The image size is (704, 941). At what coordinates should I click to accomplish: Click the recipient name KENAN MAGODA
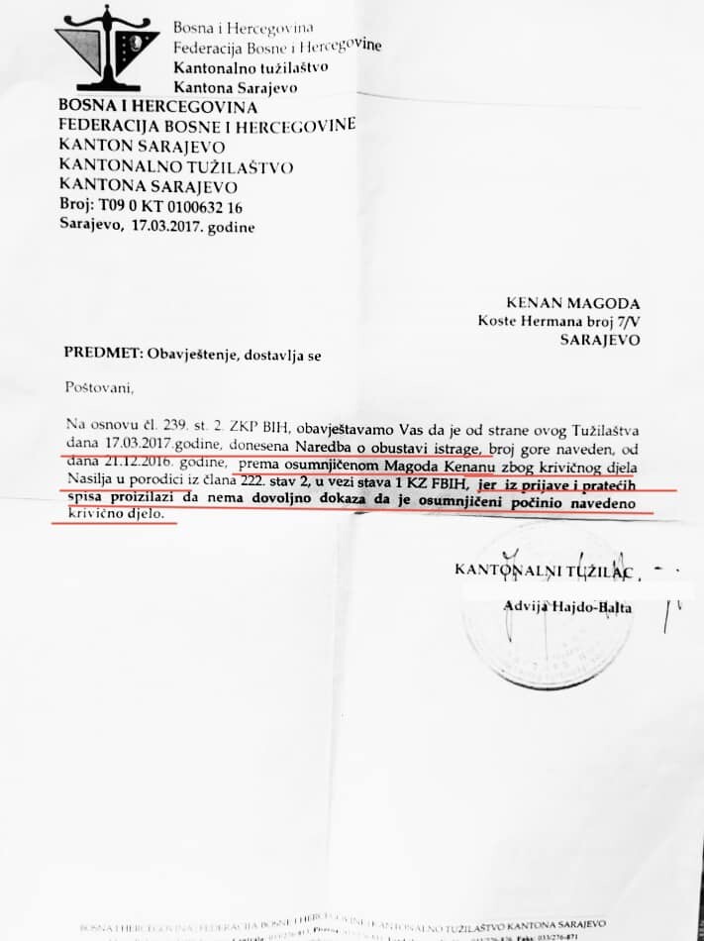pos(574,303)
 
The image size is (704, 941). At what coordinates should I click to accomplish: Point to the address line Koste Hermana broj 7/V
pos(558,320)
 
